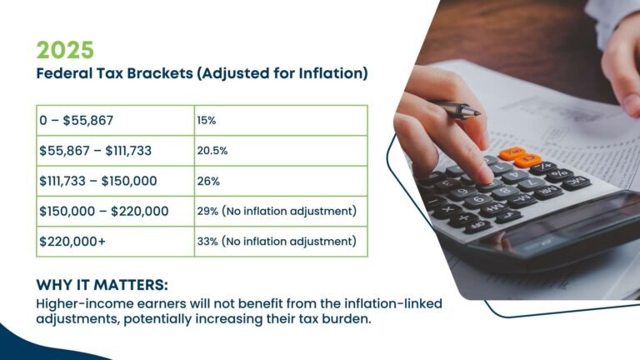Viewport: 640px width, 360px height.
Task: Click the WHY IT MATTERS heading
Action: point(102,282)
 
